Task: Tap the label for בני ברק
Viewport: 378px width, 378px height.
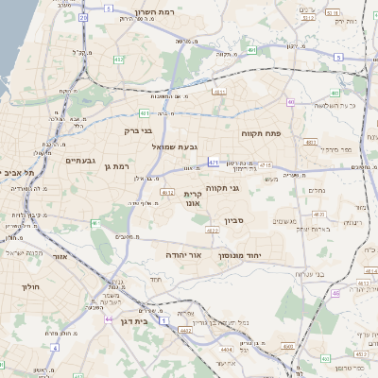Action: click(139, 132)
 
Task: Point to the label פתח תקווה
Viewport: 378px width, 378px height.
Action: click(257, 133)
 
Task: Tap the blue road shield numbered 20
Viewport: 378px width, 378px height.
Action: click(83, 17)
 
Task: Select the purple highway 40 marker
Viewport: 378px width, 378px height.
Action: click(292, 102)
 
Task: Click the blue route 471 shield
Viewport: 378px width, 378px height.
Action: click(215, 163)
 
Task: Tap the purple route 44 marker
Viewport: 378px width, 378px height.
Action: click(109, 319)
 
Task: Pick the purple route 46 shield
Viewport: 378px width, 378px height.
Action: click(335, 294)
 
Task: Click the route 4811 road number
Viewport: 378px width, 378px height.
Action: click(219, 92)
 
